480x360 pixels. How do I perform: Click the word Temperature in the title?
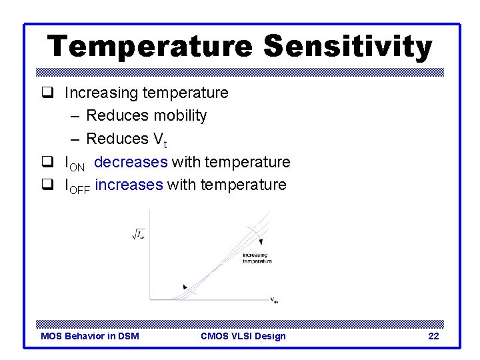click(x=150, y=47)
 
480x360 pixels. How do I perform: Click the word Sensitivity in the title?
click(x=347, y=47)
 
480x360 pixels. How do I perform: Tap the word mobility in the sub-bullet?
click(x=180, y=115)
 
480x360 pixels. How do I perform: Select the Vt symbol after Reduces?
click(x=159, y=139)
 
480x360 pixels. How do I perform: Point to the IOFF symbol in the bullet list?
click(x=77, y=186)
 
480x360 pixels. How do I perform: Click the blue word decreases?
click(x=131, y=162)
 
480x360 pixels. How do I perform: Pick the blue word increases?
click(x=129, y=185)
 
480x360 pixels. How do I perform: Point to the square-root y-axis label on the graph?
click(x=139, y=233)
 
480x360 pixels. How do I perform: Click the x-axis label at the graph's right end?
click(x=274, y=301)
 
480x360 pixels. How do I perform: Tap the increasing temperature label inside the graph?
click(x=257, y=258)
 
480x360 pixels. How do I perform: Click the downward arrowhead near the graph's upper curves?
click(x=261, y=244)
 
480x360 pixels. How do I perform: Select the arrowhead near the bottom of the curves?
click(x=185, y=287)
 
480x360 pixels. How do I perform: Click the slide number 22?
click(x=433, y=336)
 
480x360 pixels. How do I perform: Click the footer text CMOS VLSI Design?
click(x=243, y=336)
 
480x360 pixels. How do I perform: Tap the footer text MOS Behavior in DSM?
click(x=90, y=336)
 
